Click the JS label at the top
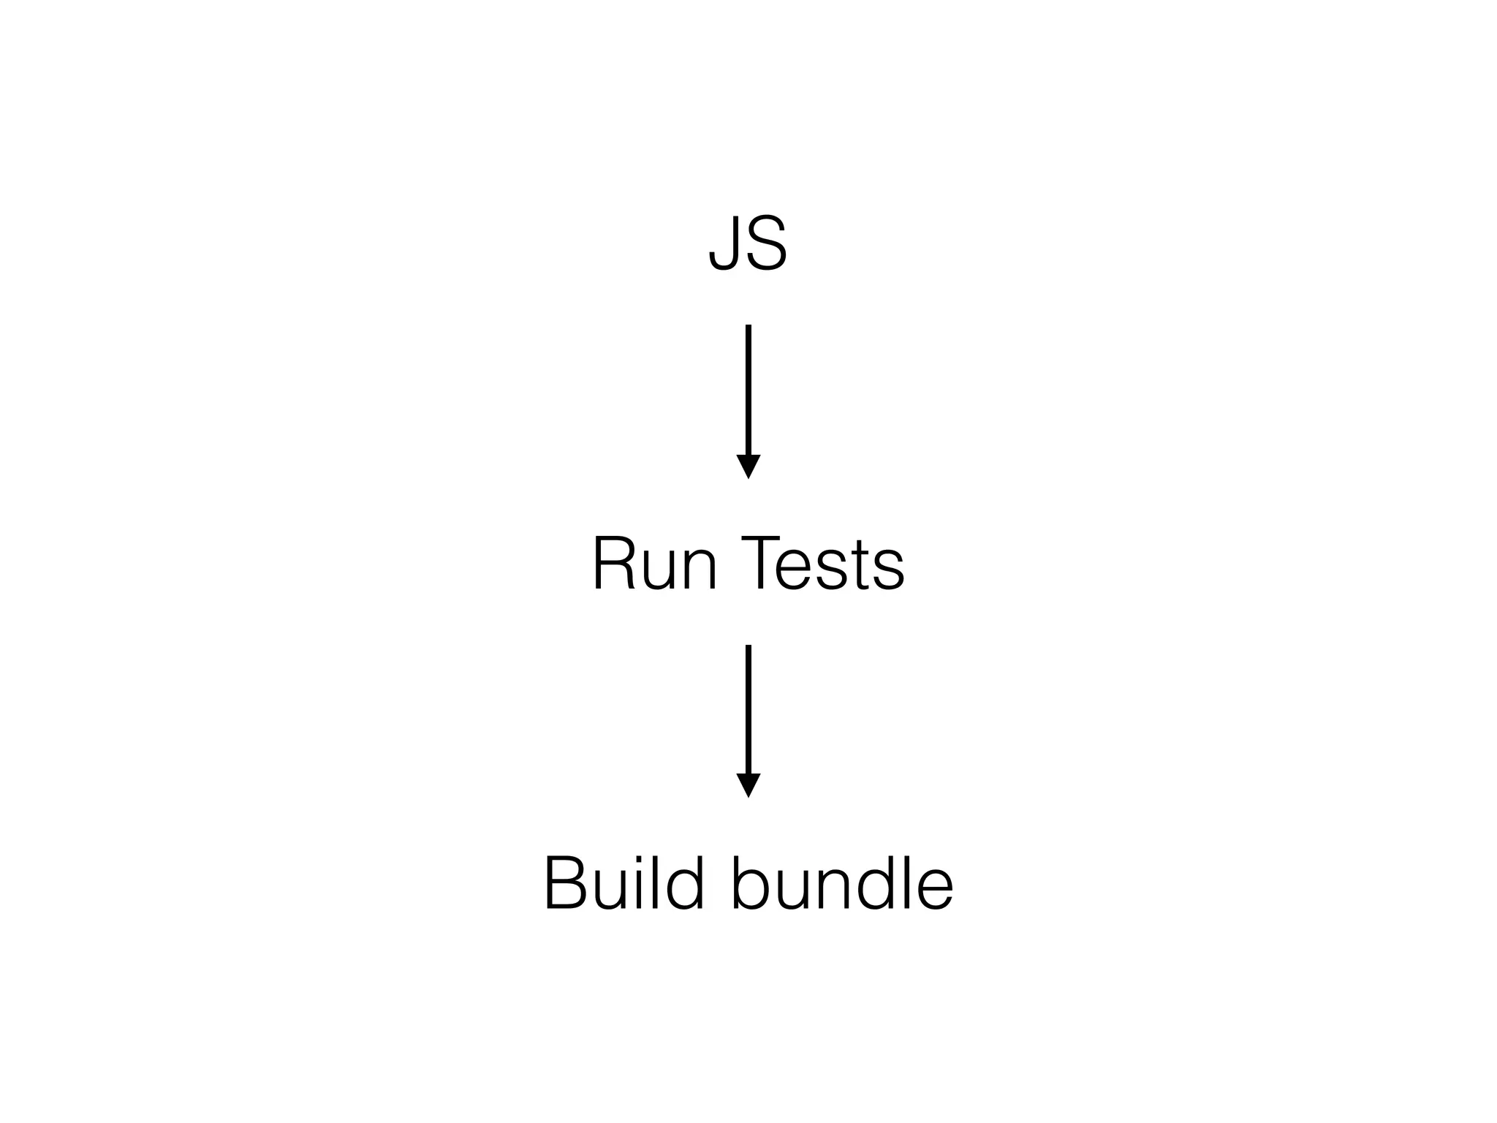tap(748, 244)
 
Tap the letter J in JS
tap(724, 244)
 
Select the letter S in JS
tap(765, 244)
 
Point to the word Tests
tap(822, 564)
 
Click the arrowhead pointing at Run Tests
tap(748, 465)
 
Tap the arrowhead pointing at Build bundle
tap(748, 784)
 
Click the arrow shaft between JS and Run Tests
tap(748, 387)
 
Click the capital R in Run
tap(613, 564)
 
